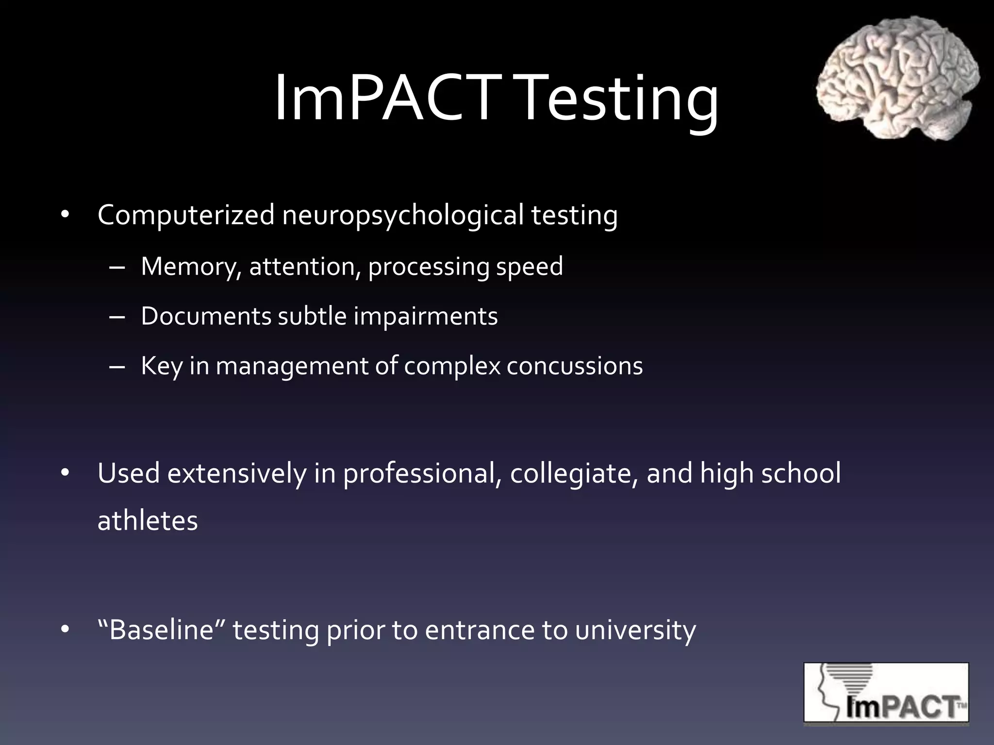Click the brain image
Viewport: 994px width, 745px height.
coord(897,78)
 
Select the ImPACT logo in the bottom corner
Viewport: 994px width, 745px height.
coord(886,693)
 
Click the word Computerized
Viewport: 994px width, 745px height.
coord(186,215)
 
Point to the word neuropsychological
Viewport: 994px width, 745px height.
coord(403,216)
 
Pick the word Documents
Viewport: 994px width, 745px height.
coord(206,316)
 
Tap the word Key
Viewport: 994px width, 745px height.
coord(162,367)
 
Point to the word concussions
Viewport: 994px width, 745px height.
coord(575,366)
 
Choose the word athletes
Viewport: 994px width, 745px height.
coord(148,521)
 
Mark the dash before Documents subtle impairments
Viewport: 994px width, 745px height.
coord(117,317)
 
